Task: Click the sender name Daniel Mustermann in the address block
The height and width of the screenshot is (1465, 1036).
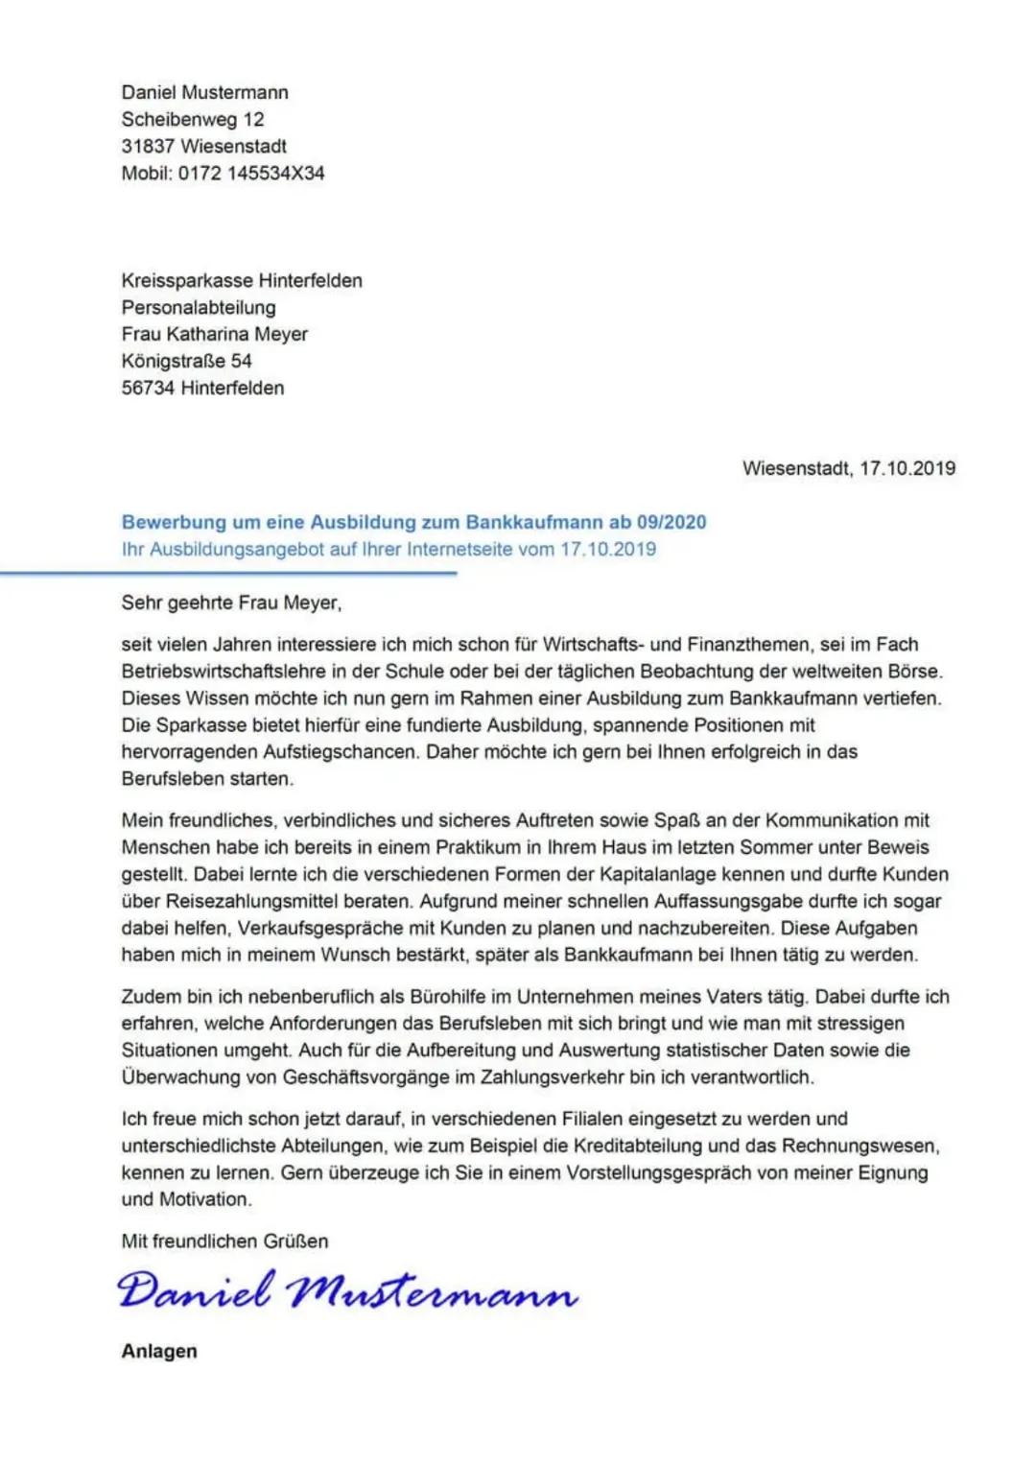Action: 204,93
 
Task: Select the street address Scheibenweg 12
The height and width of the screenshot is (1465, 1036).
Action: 192,120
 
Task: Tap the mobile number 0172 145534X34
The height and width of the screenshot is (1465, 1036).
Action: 251,174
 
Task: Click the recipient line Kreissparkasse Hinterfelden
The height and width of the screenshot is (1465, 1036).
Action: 242,281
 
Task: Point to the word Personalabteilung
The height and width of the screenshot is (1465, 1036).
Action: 199,308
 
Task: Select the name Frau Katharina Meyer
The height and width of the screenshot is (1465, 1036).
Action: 214,335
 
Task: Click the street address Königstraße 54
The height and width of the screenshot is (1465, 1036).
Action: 186,362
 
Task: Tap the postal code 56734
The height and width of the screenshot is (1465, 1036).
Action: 148,389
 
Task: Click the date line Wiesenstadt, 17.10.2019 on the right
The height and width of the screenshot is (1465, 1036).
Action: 848,469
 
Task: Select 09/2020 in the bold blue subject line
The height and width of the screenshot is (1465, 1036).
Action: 671,523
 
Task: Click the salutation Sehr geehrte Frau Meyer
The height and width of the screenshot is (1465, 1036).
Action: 231,603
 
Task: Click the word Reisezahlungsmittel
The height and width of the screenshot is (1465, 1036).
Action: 251,902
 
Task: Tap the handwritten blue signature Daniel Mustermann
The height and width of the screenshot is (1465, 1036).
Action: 347,1291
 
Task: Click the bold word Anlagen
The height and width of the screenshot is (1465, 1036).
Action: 159,1352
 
